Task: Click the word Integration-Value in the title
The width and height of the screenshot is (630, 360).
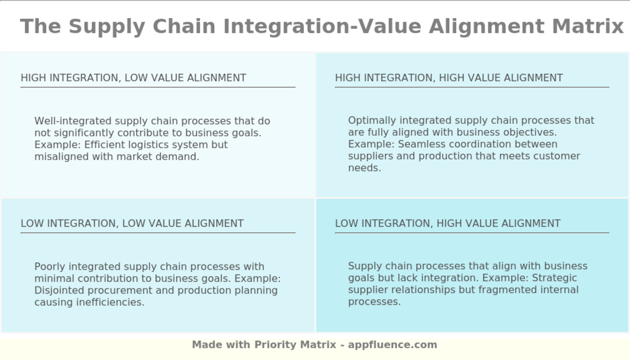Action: [x=322, y=26]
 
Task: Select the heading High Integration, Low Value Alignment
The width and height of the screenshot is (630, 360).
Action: [x=133, y=78]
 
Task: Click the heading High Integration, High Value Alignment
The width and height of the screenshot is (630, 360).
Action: [x=449, y=78]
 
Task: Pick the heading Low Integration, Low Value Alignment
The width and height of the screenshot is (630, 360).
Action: [x=132, y=224]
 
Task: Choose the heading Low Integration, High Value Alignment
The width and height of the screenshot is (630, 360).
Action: [x=448, y=224]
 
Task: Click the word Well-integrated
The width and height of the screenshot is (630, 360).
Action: [x=73, y=121]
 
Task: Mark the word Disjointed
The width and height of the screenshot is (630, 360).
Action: [x=59, y=290]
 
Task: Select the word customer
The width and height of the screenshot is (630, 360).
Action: [x=559, y=156]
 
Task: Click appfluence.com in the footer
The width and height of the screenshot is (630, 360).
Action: [x=392, y=345]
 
